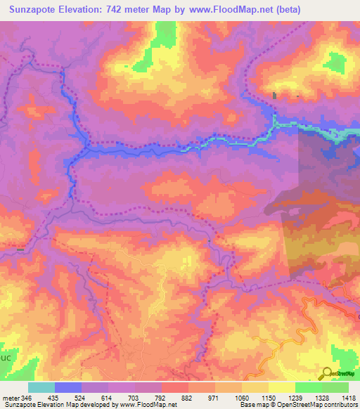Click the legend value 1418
tap(347, 397)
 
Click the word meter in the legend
tap(11, 397)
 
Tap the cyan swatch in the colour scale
tap(41, 387)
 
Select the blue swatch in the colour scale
tap(67, 387)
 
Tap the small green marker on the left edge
tap(20, 249)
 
